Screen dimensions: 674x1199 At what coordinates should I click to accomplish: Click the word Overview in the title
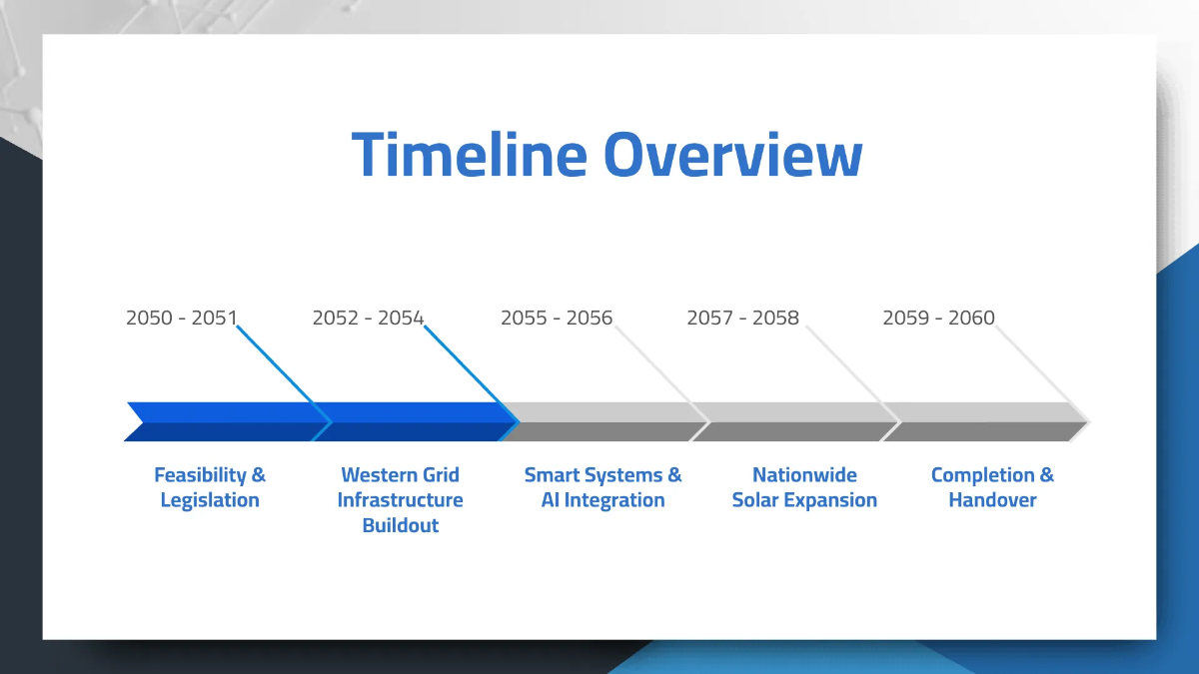pos(732,155)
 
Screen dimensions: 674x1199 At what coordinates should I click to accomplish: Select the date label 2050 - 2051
pos(181,318)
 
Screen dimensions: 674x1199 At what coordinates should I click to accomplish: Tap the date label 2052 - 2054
pos(368,318)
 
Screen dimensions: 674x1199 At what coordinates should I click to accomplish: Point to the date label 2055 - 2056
pos(556,318)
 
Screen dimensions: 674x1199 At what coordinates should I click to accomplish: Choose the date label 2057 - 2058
pos(742,318)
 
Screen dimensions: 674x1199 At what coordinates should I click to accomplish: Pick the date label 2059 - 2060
pos(938,318)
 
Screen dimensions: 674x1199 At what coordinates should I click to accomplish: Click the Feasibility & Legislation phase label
pos(210,487)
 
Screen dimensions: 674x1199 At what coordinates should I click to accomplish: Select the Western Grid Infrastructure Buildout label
pos(400,499)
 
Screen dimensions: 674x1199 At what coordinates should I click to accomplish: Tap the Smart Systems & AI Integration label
pos(602,487)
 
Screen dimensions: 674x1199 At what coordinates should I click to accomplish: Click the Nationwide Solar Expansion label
pos(804,487)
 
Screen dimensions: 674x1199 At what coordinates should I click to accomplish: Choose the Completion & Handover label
pos(992,487)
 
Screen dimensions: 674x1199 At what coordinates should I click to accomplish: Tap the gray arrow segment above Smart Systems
pos(604,421)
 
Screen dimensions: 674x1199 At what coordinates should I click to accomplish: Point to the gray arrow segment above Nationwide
pos(794,421)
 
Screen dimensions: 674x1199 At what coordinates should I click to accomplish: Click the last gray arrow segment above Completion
pos(984,421)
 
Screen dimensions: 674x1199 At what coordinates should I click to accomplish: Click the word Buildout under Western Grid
pos(400,525)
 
